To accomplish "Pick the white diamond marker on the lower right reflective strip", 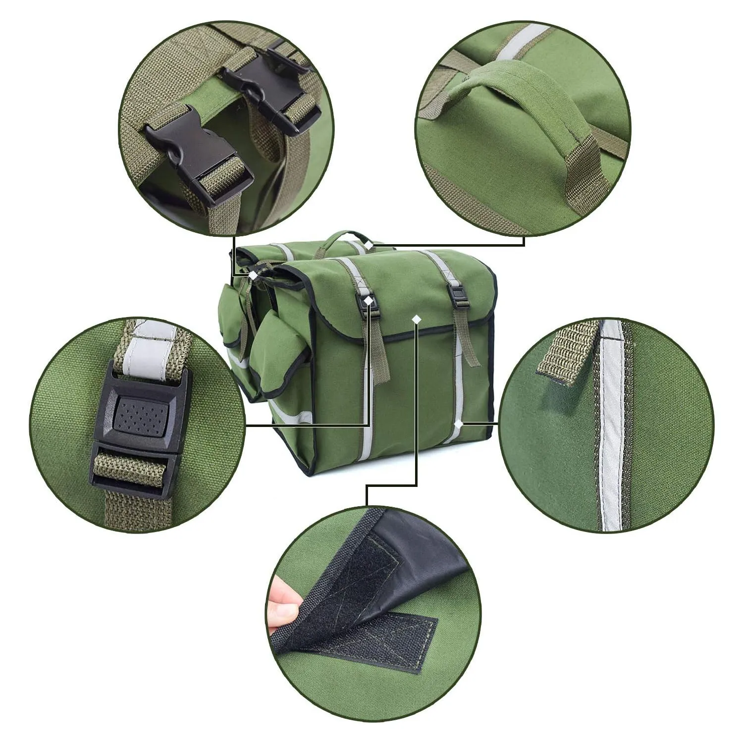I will tap(459, 424).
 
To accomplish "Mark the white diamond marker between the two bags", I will tap(253, 275).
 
